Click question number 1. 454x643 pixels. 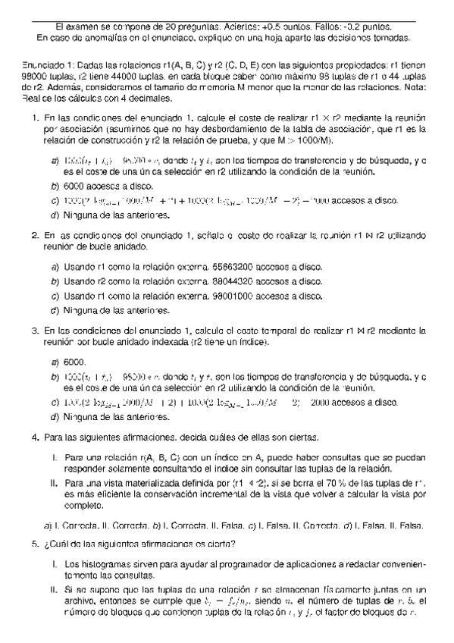tap(36, 119)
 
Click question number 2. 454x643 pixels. tap(36, 236)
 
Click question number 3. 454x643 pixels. tap(36, 331)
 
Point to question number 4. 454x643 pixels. tap(36, 438)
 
